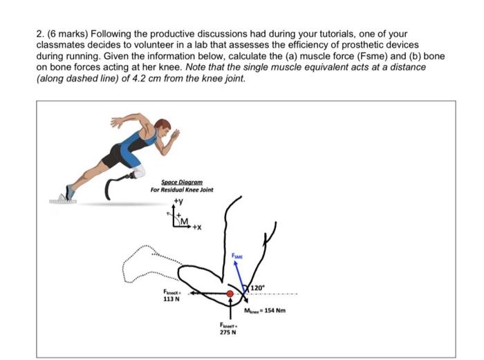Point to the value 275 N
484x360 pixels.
point(227,332)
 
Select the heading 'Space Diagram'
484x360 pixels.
point(182,182)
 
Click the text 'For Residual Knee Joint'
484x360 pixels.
point(182,190)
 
